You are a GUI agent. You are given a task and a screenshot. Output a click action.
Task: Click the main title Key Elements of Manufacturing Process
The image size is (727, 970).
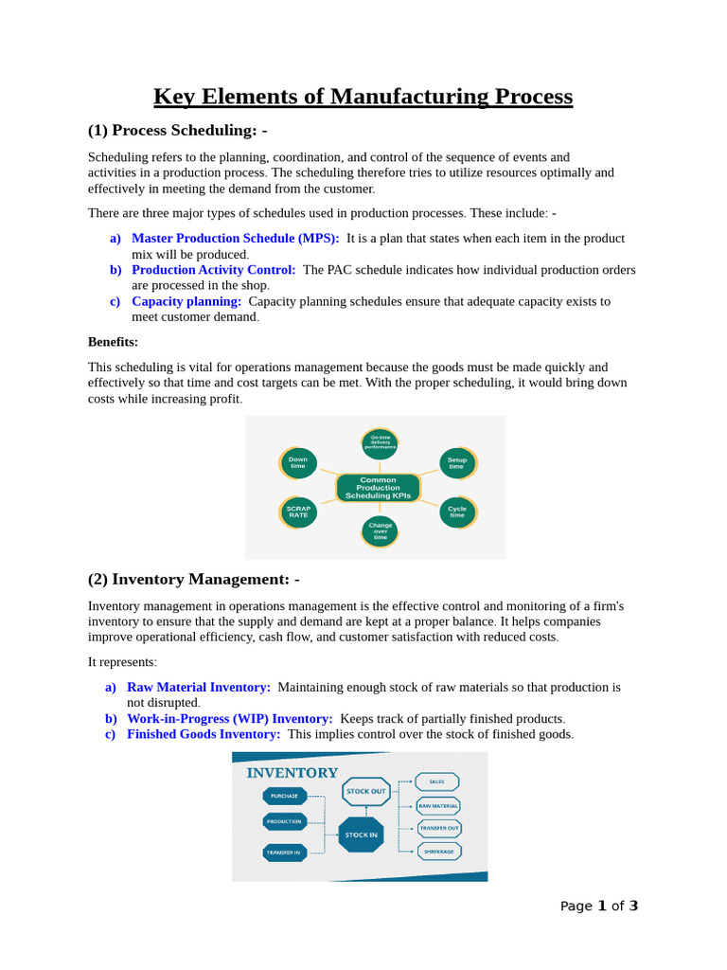pos(363,97)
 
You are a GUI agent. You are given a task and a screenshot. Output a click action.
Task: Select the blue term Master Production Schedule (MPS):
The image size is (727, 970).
pos(235,239)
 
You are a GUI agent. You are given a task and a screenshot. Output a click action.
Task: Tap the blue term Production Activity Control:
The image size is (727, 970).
pos(213,270)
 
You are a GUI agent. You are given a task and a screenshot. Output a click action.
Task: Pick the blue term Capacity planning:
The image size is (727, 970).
pos(186,301)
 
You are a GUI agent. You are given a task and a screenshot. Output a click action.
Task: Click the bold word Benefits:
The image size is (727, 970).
pos(113,342)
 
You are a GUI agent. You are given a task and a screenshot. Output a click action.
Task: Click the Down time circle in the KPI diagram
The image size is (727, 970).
pos(298,463)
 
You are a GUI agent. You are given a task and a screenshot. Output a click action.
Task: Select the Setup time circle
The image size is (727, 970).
pos(457,463)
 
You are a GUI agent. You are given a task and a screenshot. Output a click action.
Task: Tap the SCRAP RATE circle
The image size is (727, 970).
pos(298,512)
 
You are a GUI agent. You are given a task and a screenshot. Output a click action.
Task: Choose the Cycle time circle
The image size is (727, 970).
pos(457,512)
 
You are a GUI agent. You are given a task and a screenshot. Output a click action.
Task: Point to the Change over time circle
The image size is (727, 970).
pos(380,530)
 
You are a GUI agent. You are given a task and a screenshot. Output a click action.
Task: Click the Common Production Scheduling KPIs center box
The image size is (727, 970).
pos(378,488)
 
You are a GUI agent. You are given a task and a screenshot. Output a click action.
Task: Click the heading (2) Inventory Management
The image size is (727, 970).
pos(194,579)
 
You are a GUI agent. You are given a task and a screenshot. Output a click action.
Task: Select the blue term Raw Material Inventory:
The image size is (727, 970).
pos(199,687)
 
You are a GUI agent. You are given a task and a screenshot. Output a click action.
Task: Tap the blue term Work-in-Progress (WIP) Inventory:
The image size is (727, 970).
pos(229,719)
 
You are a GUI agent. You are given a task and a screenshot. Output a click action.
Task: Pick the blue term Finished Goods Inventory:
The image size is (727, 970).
pos(204,734)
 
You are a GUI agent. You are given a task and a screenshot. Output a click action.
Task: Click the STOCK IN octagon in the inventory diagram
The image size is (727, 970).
pos(361,835)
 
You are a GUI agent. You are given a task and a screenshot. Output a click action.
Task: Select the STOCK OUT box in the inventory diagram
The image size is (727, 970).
pos(365,791)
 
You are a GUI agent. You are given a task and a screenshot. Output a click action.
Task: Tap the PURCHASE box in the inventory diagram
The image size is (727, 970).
pos(284,796)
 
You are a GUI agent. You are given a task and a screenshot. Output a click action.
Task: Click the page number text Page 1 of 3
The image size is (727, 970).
pos(598,906)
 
